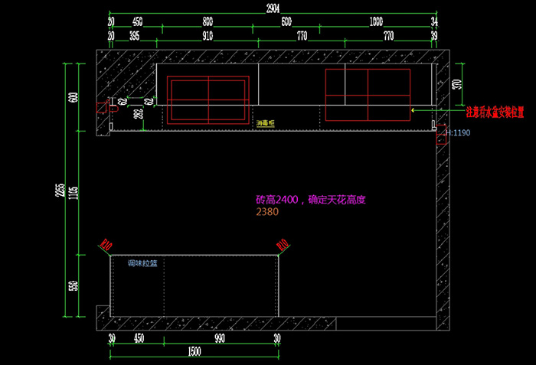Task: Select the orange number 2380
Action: pyautogui.click(x=267, y=213)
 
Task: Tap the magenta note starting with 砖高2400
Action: pyautogui.click(x=312, y=200)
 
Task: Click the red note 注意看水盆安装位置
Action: pyautogui.click(x=495, y=111)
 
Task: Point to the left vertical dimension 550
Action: pyautogui.click(x=74, y=287)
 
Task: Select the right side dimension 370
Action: pyautogui.click(x=457, y=83)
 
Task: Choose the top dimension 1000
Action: pyautogui.click(x=375, y=21)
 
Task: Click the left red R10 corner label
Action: pyautogui.click(x=106, y=246)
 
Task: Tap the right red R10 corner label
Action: pyautogui.click(x=283, y=246)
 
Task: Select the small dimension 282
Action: pyautogui.click(x=139, y=115)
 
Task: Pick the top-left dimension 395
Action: pyautogui.click(x=135, y=36)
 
